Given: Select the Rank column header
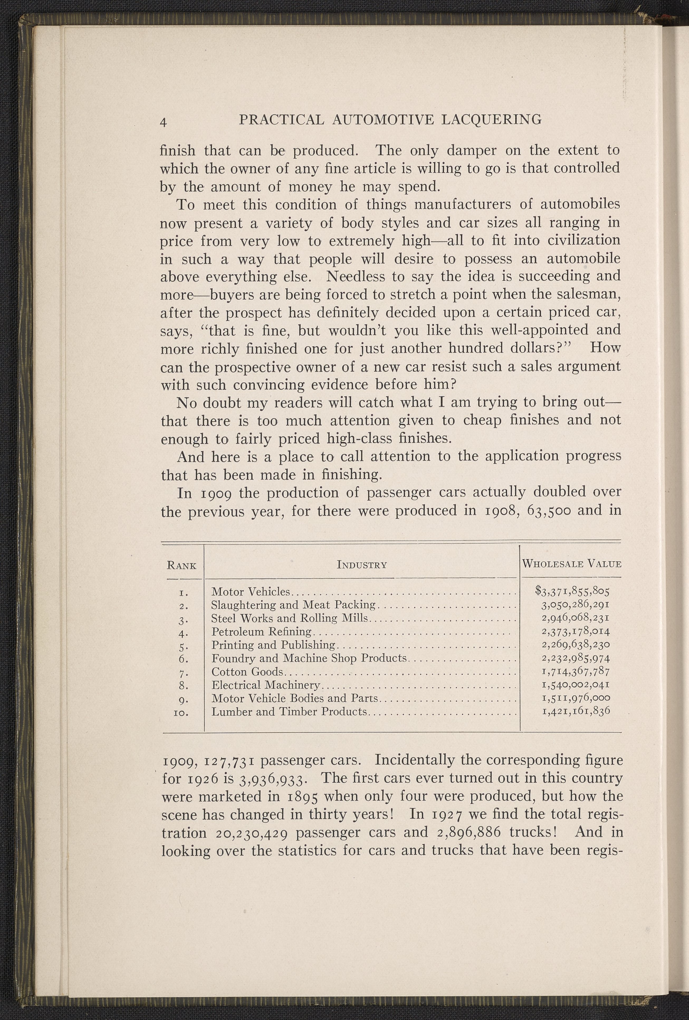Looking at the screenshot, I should click(x=181, y=565).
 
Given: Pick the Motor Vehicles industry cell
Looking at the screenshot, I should click(x=250, y=592).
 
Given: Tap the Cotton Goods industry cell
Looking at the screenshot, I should click(x=248, y=672).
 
